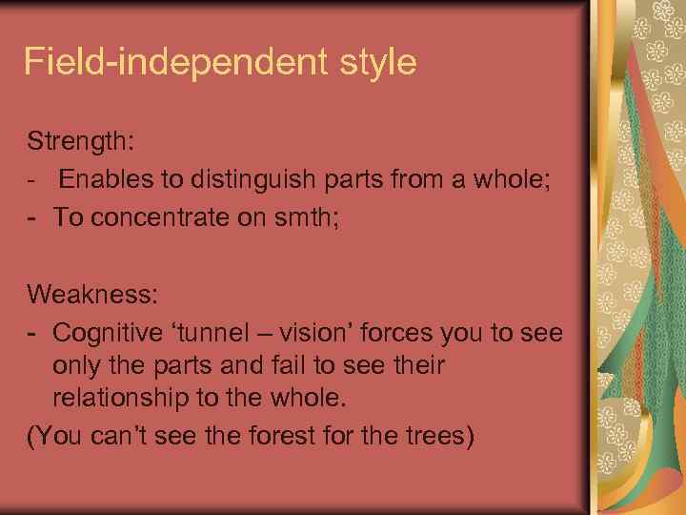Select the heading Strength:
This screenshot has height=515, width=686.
82,142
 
